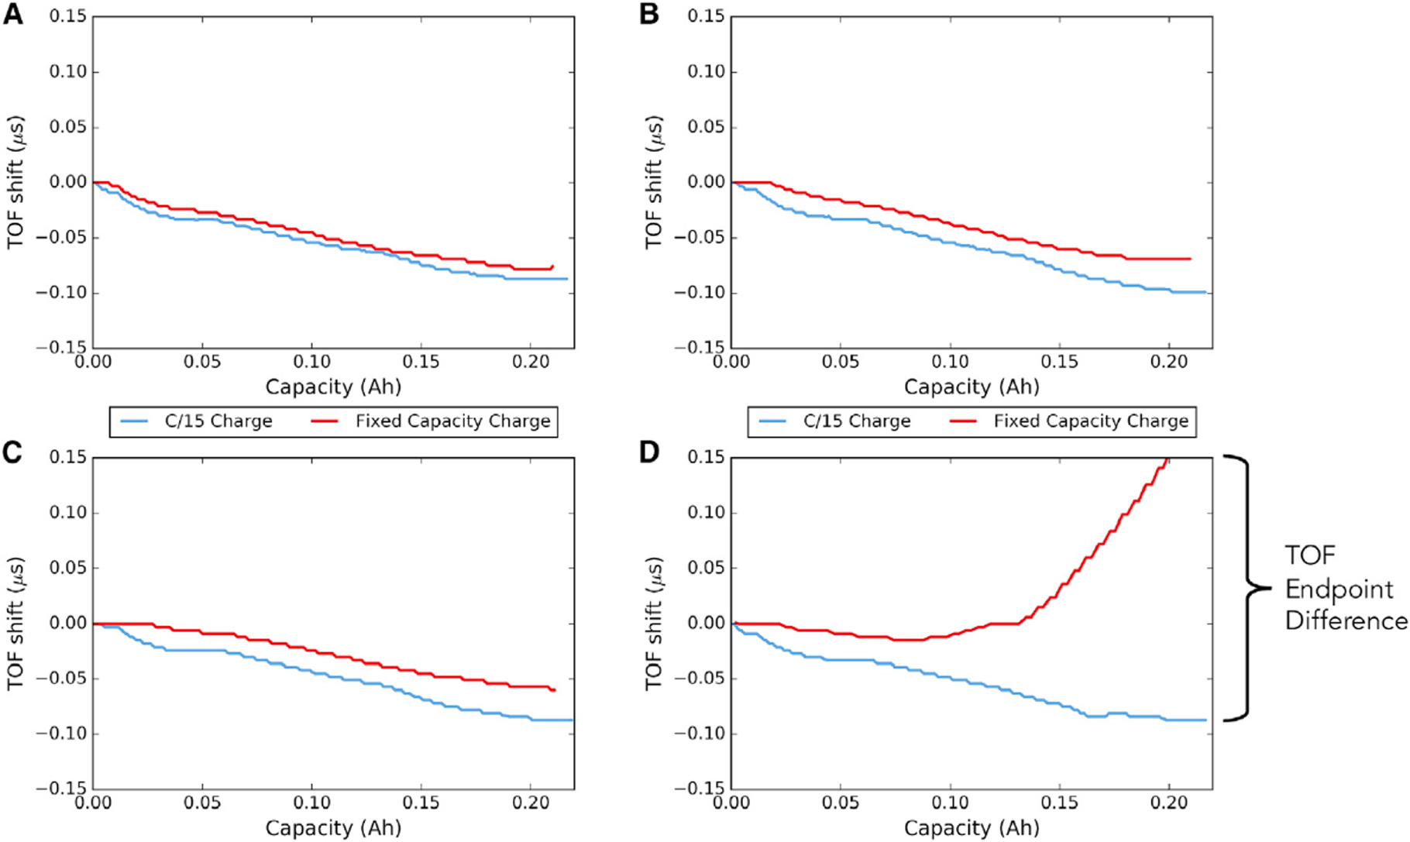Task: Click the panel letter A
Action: [13, 14]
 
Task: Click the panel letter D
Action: [649, 452]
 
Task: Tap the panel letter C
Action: [13, 452]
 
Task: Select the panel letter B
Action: [649, 14]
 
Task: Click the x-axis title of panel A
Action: [333, 387]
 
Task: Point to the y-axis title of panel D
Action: [654, 623]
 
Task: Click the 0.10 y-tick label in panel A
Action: [68, 72]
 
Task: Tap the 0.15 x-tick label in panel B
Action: [1059, 362]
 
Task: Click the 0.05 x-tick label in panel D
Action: [841, 802]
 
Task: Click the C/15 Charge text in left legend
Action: [218, 421]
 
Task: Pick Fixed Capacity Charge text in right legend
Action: [1091, 421]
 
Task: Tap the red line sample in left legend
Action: [325, 421]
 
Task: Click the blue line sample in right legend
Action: [772, 421]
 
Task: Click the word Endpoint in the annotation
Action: [1339, 589]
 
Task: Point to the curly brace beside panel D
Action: [1248, 589]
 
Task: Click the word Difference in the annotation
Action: [1346, 621]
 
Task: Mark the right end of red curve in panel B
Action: [1190, 259]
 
